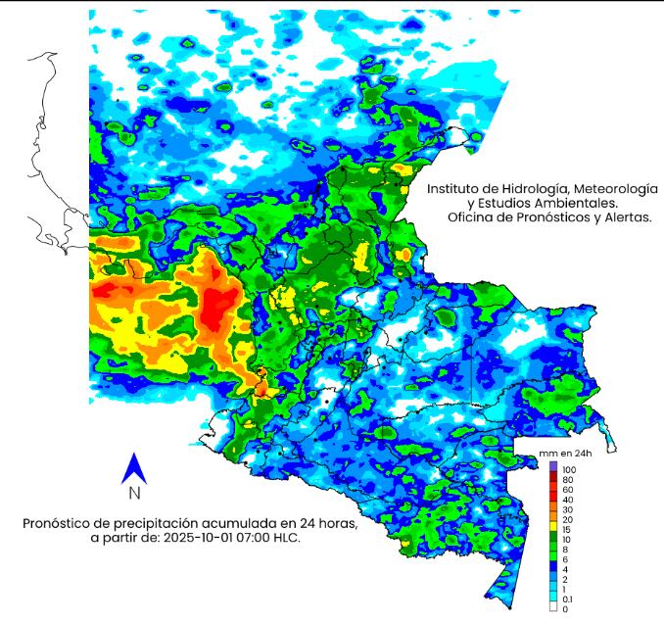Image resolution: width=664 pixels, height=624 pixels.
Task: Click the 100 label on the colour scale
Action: click(569, 471)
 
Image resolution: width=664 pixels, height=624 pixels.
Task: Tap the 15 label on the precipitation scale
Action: click(567, 530)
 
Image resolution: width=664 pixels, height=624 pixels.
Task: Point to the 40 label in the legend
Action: click(567, 501)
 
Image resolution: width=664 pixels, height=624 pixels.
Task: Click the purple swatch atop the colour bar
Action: click(554, 465)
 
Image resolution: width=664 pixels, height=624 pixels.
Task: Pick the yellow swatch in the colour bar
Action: click(554, 525)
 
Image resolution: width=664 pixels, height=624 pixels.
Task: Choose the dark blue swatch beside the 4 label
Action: click(554, 567)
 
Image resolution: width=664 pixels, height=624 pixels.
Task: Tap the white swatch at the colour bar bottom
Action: click(554, 608)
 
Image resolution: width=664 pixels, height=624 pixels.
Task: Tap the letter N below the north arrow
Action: click(134, 494)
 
